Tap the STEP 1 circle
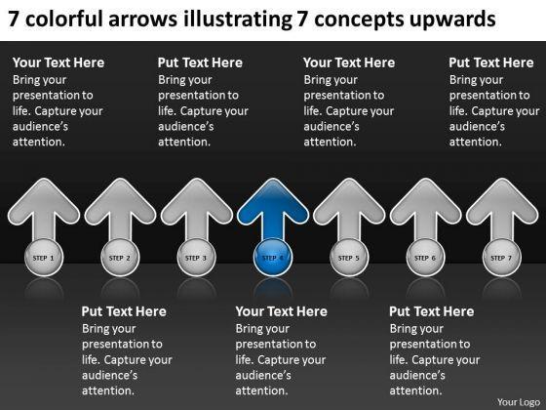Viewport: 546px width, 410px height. (44, 258)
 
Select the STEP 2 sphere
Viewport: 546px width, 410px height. (120, 258)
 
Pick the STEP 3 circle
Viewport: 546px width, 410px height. (196, 258)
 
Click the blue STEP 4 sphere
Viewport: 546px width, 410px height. (273, 258)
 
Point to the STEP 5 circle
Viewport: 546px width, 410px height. (349, 258)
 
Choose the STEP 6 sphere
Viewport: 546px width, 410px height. (425, 258)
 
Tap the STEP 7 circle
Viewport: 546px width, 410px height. (502, 258)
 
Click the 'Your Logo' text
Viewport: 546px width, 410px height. (519, 402)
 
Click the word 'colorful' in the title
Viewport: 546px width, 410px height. (64, 19)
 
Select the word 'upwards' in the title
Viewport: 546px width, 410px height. (452, 20)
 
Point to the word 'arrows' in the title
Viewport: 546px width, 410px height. (143, 20)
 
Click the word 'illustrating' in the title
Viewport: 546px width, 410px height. (238, 20)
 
